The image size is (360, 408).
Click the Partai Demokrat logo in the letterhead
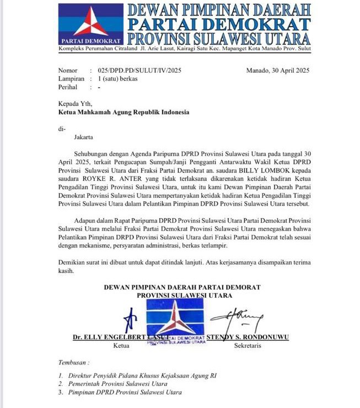[x=91, y=23]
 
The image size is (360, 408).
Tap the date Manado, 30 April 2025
[x=277, y=71]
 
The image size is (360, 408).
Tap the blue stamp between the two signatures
[x=176, y=321]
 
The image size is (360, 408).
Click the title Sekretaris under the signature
[x=248, y=346]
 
